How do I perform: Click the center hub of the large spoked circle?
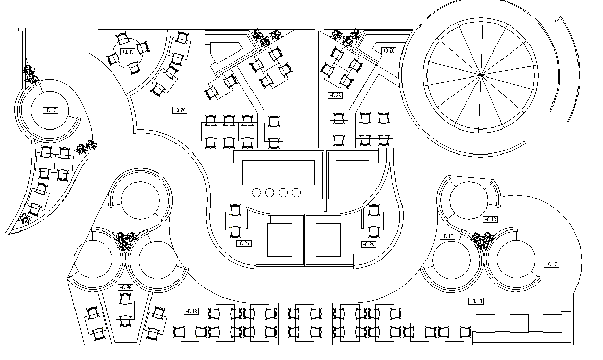coord(481,75)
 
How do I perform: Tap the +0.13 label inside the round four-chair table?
coord(128,52)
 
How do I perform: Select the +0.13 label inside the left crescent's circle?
coord(50,110)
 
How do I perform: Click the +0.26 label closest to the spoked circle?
coord(388,50)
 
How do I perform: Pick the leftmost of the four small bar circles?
coord(257,192)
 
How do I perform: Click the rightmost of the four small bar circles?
coord(296,192)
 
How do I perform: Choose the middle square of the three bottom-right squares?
coord(519,323)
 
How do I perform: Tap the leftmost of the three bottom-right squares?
coord(486,323)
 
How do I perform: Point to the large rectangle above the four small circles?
coord(279,173)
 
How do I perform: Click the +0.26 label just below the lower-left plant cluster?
coord(125,288)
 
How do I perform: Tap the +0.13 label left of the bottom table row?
coord(191,311)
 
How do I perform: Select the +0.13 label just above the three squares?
coord(475,301)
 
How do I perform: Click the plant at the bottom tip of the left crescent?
coord(24,219)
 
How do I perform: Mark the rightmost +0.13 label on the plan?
coord(551,264)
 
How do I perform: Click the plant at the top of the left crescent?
coord(30,74)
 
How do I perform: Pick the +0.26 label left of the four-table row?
coord(180,110)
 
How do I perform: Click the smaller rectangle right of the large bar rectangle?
coord(352,172)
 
